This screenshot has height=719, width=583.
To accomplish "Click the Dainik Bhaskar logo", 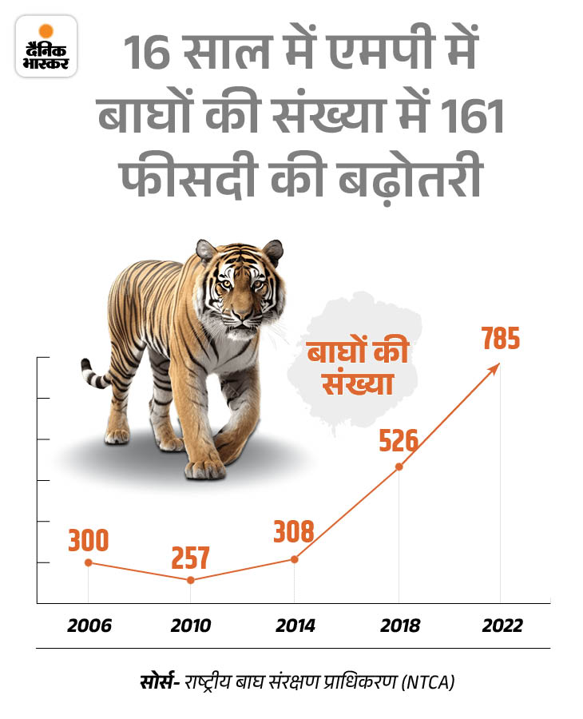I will pos(46,46).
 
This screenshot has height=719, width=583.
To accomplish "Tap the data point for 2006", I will pos(88,562).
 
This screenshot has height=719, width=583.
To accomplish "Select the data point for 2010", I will pos(191,579).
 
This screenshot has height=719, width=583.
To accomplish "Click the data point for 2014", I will pos(295,558).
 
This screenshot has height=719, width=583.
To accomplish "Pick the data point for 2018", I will pos(399,467).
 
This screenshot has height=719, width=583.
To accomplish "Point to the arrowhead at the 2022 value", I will pos(498,366).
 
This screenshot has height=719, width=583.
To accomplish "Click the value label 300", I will pos(87,541).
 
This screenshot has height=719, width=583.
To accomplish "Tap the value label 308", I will pos(294,531).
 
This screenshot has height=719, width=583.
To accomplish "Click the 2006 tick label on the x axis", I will pos(88,626).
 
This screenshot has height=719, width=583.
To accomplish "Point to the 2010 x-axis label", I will pos(191,626).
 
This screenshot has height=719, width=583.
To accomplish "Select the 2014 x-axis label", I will pos(295,626).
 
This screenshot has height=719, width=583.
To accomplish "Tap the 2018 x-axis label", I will pos(399,626).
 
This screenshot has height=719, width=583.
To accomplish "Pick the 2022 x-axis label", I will pos(501,626).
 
